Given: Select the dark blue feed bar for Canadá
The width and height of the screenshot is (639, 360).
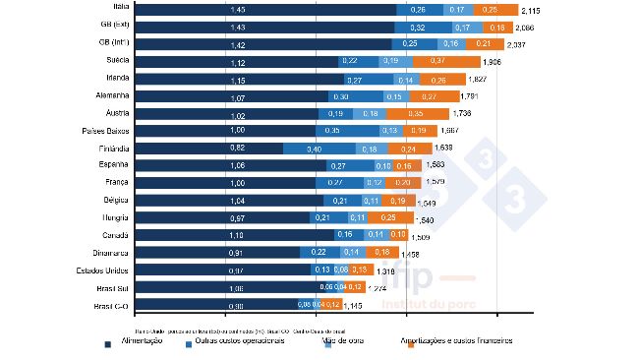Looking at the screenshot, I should click(x=235, y=235).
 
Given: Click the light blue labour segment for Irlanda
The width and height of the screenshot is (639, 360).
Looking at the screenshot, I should click(x=405, y=79).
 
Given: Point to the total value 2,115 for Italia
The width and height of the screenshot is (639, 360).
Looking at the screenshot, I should click(x=531, y=10).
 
